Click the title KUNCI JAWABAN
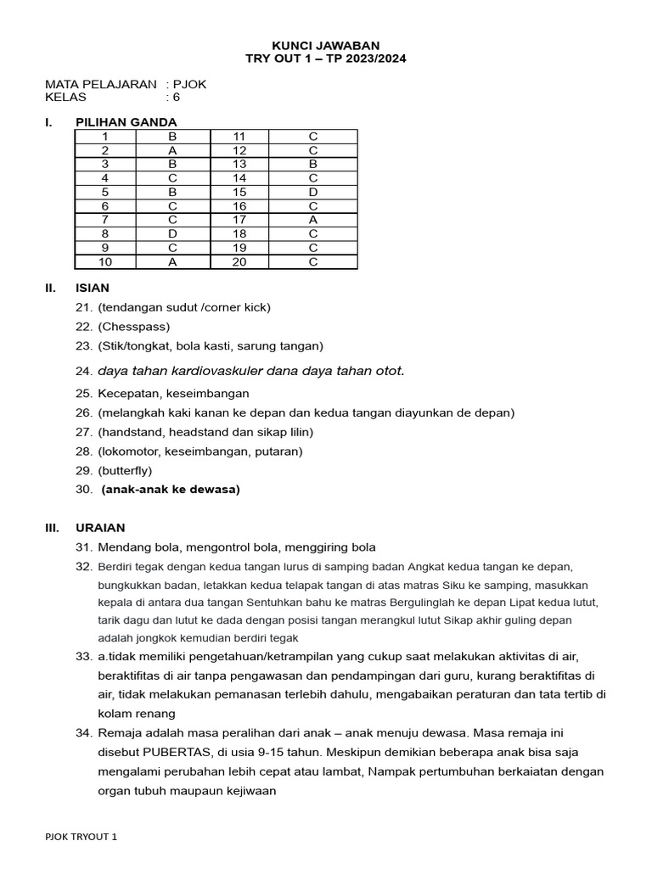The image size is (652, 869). [325, 45]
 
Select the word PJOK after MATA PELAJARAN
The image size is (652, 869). [189, 84]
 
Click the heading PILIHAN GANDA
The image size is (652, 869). [126, 122]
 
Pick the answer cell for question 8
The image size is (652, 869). [172, 233]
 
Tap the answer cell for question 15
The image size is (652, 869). [312, 192]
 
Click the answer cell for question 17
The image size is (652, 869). [312, 220]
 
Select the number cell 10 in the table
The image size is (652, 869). [105, 261]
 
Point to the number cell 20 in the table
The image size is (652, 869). [239, 261]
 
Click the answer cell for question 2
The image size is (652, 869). [172, 150]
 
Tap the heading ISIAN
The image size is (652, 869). [93, 288]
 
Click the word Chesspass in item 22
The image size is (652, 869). [134, 327]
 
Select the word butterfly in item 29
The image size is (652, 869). [126, 470]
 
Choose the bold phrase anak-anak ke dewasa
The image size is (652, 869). [171, 490]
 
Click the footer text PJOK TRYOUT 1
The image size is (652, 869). [81, 837]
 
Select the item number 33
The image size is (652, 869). [83, 657]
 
